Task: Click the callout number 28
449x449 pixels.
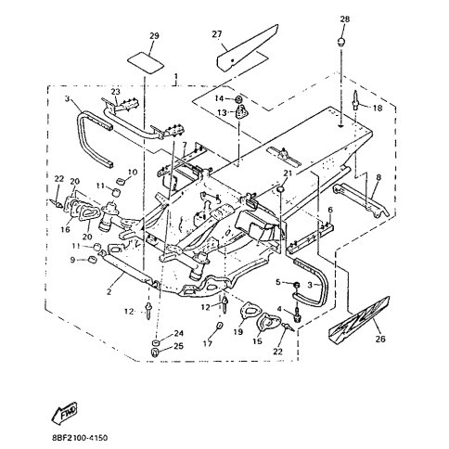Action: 344,19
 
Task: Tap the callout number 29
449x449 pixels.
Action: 154,35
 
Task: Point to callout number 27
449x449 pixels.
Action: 219,35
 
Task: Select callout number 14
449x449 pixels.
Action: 220,97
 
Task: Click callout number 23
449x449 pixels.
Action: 117,91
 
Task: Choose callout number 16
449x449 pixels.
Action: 66,228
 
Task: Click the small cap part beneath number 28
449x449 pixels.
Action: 344,42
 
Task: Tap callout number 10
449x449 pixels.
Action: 132,172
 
